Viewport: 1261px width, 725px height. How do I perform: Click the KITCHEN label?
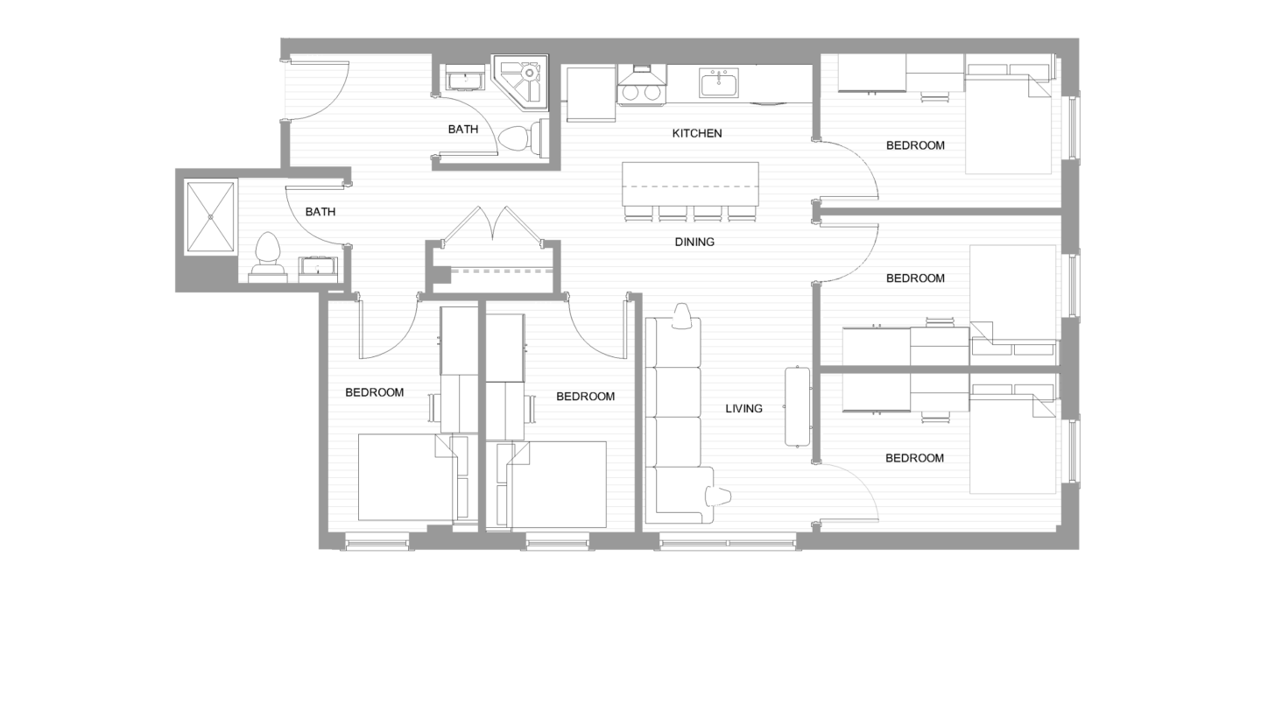[697, 133]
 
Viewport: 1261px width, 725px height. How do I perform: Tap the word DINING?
[694, 242]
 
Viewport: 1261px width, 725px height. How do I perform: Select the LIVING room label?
[743, 408]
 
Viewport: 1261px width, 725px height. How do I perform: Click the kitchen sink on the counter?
[718, 84]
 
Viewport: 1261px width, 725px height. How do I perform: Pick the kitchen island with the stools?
[690, 185]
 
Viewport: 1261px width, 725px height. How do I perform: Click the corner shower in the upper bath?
[523, 81]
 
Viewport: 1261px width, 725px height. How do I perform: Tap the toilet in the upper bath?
[522, 137]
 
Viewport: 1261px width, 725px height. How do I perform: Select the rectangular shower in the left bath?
[210, 217]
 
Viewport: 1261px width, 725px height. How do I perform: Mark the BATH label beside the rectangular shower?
[320, 212]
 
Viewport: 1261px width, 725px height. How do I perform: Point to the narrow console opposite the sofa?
[797, 405]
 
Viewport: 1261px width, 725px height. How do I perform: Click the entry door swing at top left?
[320, 90]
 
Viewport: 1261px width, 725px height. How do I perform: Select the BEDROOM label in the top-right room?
[915, 145]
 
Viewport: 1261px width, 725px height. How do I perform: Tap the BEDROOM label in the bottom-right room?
[914, 458]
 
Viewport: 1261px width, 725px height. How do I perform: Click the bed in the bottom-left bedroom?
[403, 477]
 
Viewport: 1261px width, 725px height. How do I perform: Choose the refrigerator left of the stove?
[590, 94]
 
